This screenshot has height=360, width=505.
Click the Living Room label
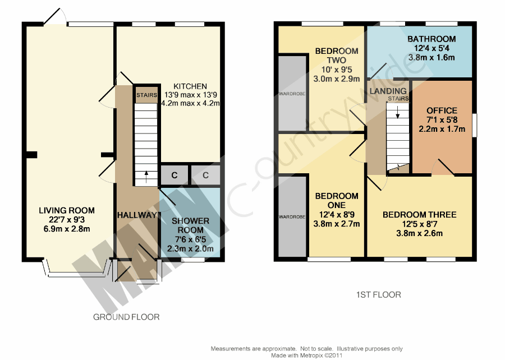coord(67,211)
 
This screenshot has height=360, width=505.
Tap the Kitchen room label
coord(190,86)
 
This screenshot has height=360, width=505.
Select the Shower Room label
coord(190,225)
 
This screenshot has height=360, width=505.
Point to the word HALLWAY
coord(137,215)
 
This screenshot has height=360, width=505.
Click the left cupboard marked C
coord(175,176)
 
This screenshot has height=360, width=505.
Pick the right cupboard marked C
coord(206,176)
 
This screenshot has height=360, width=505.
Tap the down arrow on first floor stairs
coord(398,113)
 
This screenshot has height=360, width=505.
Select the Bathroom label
coord(431,39)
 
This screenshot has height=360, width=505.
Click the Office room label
coord(442,110)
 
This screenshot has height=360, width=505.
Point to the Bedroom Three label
coord(419,215)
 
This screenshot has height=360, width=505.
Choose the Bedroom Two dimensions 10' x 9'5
coord(337,70)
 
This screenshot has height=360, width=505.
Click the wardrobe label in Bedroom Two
coord(292,94)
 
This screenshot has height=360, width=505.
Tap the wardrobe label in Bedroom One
coord(292,217)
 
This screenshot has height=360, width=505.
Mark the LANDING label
coord(388,91)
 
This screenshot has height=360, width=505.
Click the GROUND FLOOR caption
coord(126,317)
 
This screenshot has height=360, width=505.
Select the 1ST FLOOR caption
coord(378,295)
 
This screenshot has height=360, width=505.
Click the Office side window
coord(474,125)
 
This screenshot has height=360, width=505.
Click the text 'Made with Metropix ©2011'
coord(306,356)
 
